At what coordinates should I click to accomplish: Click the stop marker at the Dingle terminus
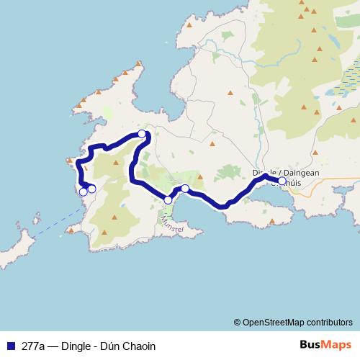(x=282, y=181)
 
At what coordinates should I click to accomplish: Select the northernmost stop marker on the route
(x=142, y=133)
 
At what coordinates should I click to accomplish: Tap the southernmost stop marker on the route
(x=168, y=200)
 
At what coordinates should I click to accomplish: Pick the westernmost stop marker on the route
(x=83, y=192)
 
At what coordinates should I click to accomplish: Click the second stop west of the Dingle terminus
(x=168, y=200)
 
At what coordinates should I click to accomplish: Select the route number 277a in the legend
(x=33, y=346)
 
